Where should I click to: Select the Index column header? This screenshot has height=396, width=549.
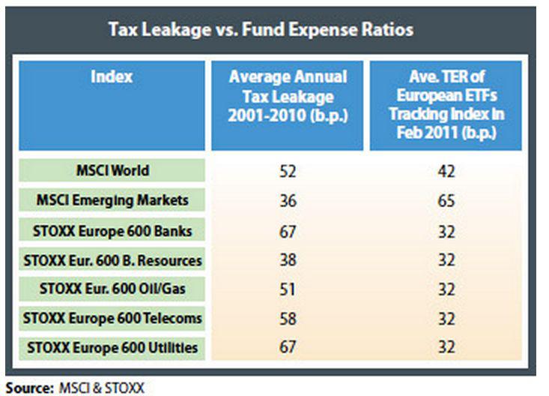tap(112, 76)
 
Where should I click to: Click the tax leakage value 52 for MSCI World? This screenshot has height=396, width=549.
tap(288, 171)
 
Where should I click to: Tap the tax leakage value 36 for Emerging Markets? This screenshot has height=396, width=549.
tap(288, 200)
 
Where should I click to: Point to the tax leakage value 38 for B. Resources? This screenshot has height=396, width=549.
tap(288, 259)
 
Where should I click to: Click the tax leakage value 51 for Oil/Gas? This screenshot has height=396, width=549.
tap(288, 289)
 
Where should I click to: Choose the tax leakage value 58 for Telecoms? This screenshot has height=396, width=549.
tap(288, 318)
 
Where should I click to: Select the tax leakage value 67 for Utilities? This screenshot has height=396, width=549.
tap(288, 347)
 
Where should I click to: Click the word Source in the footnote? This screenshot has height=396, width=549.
tap(26, 388)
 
